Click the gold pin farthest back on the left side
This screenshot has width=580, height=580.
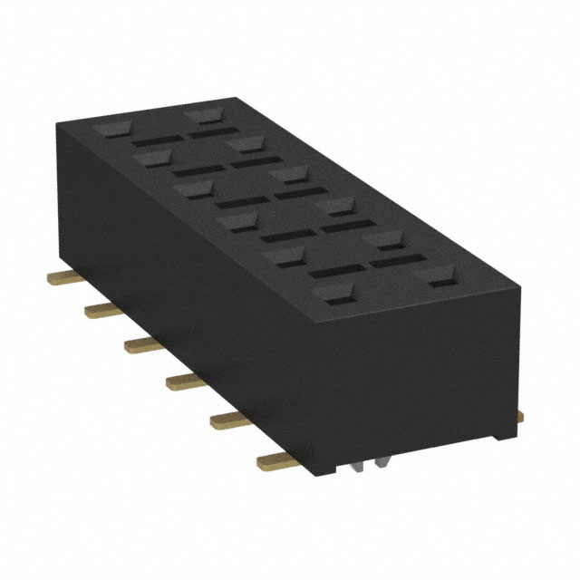point(61,274)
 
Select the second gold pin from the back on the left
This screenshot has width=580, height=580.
point(101,310)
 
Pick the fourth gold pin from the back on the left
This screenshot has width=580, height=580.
point(183,381)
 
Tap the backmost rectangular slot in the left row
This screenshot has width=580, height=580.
point(154,141)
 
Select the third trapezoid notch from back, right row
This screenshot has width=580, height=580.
point(288,174)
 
